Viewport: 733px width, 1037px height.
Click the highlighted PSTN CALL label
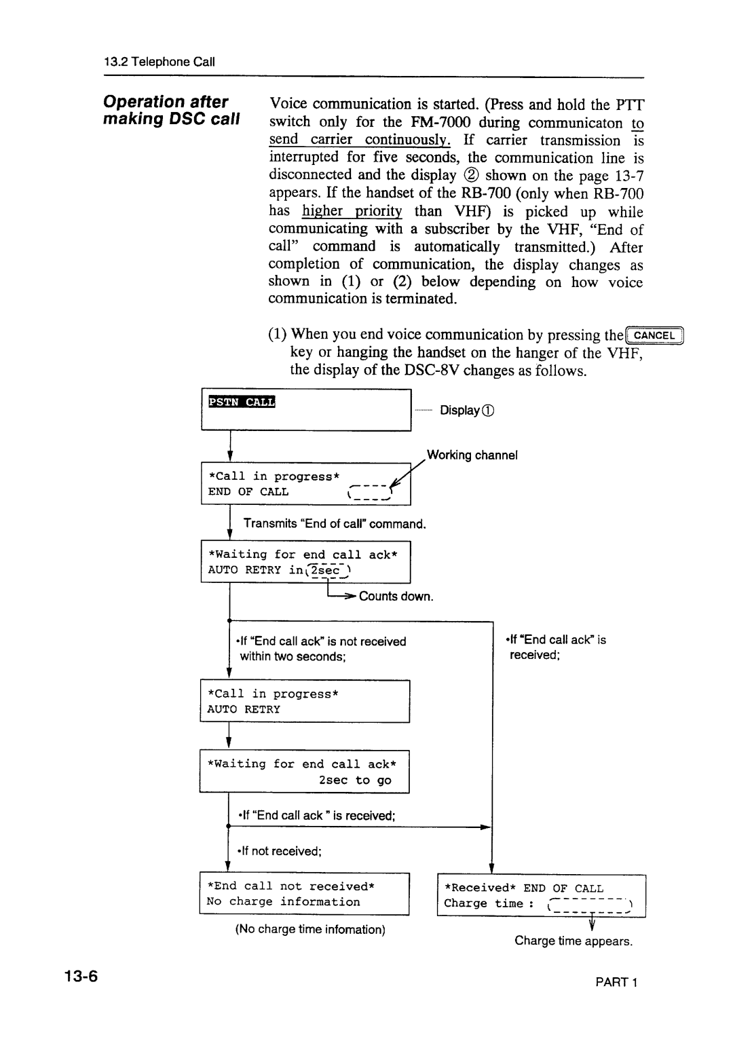tap(241, 402)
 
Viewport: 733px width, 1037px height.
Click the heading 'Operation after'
tap(166, 102)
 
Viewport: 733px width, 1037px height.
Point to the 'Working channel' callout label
tap(472, 455)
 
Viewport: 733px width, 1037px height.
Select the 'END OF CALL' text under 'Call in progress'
tap(248, 491)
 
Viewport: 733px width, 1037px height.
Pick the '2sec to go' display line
tap(355, 780)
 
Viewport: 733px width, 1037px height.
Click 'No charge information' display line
tap(284, 901)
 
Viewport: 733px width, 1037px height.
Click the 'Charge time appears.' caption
tap(574, 941)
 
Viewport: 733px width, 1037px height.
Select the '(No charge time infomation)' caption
tap(310, 929)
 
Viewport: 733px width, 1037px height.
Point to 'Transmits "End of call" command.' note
tap(335, 523)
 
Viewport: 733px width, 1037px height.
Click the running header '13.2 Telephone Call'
tap(159, 62)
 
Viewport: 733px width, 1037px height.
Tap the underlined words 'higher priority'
tap(352, 211)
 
